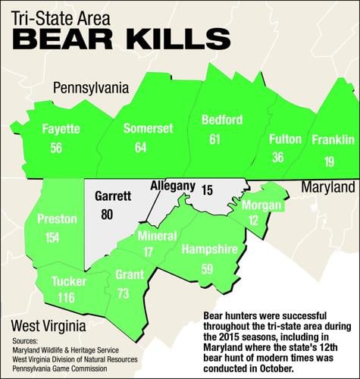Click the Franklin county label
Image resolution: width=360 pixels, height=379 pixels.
click(333, 139)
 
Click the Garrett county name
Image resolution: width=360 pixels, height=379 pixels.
click(114, 195)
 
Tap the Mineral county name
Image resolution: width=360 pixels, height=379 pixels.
click(157, 236)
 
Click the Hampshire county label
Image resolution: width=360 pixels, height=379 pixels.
click(210, 249)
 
